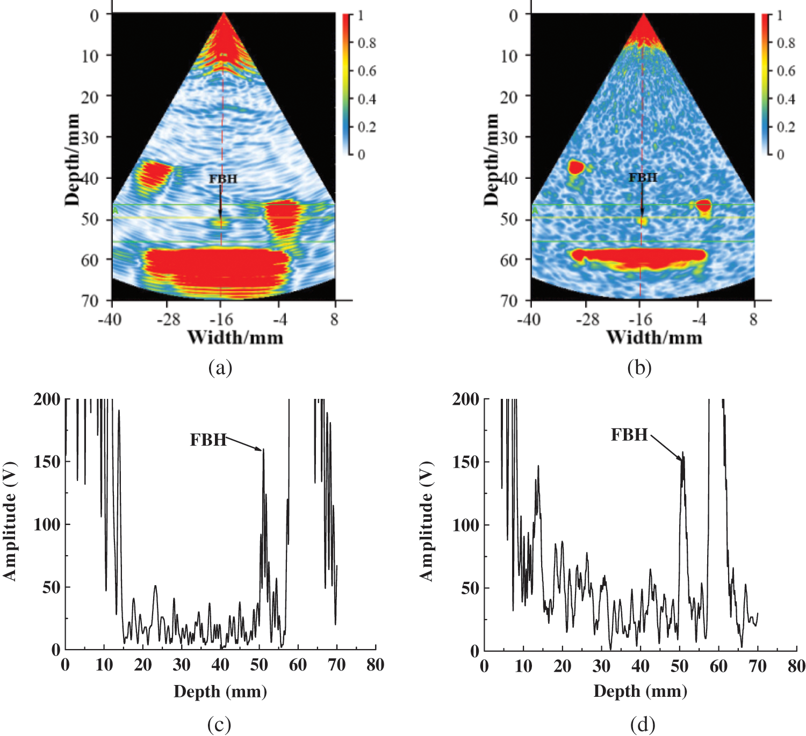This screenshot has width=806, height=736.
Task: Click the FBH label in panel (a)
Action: [x=223, y=179]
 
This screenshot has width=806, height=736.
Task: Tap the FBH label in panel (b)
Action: [x=643, y=178]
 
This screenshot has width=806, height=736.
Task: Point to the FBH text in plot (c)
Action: [x=208, y=440]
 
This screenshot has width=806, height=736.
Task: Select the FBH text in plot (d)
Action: [x=629, y=435]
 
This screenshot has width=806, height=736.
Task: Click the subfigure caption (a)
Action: [x=220, y=368]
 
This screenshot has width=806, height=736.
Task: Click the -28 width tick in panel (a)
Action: [x=168, y=320]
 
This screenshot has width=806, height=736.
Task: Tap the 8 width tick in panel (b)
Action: [x=753, y=320]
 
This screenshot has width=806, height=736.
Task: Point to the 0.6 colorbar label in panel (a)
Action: [x=367, y=71]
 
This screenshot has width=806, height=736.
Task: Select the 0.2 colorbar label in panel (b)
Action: [x=786, y=127]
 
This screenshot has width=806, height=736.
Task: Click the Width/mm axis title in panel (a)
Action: [x=235, y=338]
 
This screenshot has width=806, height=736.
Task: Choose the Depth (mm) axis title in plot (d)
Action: [x=640, y=691]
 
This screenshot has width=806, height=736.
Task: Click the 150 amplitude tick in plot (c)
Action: [x=47, y=462]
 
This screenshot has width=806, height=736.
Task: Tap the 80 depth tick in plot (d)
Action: [x=796, y=667]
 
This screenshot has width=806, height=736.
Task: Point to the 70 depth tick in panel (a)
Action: [x=90, y=300]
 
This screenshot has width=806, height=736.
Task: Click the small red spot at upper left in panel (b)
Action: [x=576, y=167]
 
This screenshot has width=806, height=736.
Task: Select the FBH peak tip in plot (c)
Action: [x=263, y=450]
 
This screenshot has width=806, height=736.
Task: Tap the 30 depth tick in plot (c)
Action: [x=182, y=666]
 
